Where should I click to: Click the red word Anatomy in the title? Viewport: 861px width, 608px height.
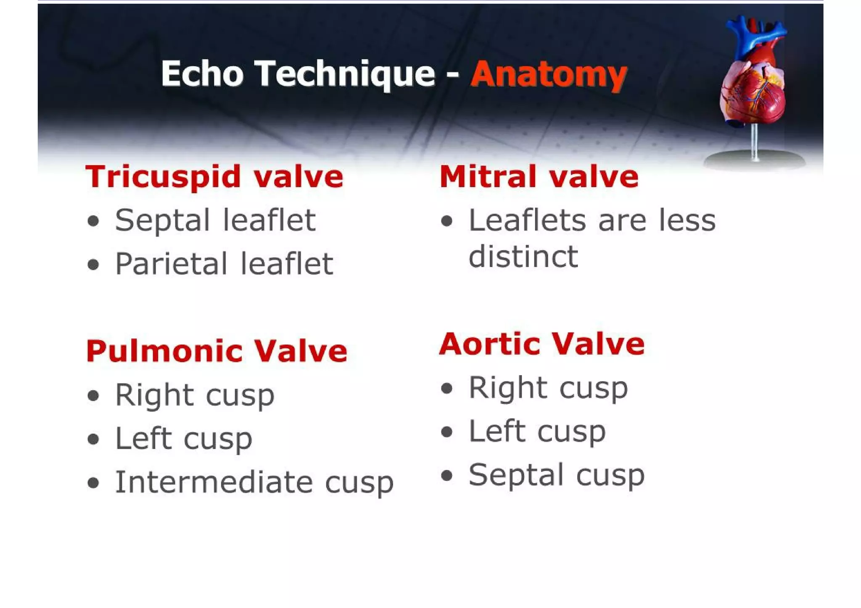coord(549,75)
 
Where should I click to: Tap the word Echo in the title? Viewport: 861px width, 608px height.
coord(202,74)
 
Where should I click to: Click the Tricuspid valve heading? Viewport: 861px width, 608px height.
coord(214,177)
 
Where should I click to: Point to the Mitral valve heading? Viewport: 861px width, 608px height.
coord(539,177)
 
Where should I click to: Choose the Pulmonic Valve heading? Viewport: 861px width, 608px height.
coord(217,351)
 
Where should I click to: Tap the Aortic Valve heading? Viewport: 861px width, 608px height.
coord(541,344)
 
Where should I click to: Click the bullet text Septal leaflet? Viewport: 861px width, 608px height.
coord(215,220)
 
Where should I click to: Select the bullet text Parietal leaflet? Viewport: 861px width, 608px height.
coord(224,264)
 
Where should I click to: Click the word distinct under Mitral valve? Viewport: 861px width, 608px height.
coord(523,256)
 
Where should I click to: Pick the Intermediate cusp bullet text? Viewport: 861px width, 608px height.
coord(254,482)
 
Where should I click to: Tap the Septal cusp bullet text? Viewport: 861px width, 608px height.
coord(556,475)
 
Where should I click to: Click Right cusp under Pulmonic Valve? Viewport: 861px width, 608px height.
coord(195,395)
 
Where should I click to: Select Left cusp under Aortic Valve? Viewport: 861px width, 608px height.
coord(537,431)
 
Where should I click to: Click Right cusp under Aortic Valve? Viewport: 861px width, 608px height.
coord(548,387)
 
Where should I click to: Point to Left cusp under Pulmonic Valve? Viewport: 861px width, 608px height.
coord(184,439)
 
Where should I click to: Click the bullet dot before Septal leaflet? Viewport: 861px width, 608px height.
coord(93,221)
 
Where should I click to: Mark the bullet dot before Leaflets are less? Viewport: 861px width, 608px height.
coord(447,221)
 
